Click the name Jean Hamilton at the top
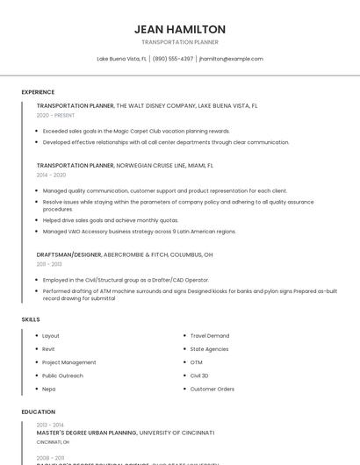(180, 29)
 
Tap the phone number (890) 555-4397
(173, 59)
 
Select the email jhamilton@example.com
(231, 59)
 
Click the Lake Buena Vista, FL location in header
(121, 59)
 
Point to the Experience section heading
(38, 92)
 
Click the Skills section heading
(31, 319)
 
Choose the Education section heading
(38, 411)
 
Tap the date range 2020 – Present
(55, 115)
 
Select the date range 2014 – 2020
(51, 175)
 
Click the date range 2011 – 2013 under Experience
(49, 264)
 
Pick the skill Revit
(48, 349)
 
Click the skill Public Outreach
(62, 376)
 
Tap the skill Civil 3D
(199, 376)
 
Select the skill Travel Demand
(210, 336)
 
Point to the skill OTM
(196, 362)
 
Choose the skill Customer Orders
(212, 389)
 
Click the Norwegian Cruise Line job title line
(125, 165)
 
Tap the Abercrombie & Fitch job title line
(125, 254)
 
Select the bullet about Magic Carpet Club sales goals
(136, 131)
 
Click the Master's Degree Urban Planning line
(126, 433)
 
